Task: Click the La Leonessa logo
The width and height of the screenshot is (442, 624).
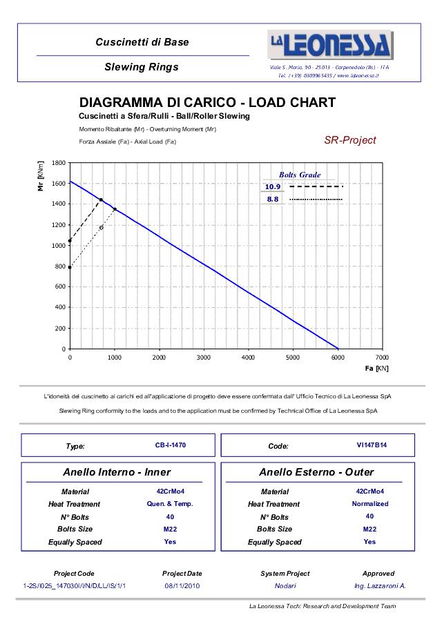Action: (x=329, y=46)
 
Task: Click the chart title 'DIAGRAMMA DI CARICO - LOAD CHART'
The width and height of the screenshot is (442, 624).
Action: (x=207, y=103)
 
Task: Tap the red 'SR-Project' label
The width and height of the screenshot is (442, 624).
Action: (x=350, y=140)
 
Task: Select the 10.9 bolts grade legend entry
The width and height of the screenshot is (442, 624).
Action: (x=272, y=187)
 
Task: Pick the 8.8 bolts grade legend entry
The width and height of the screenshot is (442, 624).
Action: (x=272, y=199)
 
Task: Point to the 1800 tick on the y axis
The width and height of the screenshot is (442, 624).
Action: (x=59, y=163)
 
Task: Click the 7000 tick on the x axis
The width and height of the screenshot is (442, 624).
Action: (x=382, y=358)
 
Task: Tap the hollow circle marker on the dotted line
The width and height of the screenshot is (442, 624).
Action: (x=102, y=227)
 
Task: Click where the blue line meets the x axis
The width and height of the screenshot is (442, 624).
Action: (x=338, y=349)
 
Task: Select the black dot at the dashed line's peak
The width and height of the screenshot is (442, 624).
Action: (x=101, y=199)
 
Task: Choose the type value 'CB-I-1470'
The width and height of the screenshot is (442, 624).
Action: (x=171, y=445)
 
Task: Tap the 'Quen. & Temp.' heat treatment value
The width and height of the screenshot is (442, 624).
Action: (x=171, y=504)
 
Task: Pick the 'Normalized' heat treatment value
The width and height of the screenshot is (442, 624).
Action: (x=370, y=504)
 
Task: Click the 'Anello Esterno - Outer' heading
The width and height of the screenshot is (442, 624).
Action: (x=316, y=473)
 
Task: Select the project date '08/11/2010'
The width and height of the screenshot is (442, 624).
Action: (x=182, y=585)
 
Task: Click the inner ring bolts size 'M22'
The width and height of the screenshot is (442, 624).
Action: (x=171, y=529)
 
